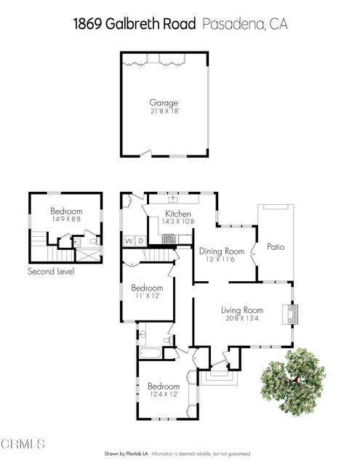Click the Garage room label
point(164,103)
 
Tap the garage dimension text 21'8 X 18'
point(164,111)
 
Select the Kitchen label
point(177,214)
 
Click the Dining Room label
point(221,251)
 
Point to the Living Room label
point(242,310)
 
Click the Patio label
point(276,247)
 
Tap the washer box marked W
point(129,240)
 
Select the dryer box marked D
point(141,240)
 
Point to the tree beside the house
point(293,382)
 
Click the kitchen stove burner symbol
point(169,239)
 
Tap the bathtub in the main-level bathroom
point(151,353)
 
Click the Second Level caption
point(51,271)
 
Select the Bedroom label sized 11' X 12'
point(147,288)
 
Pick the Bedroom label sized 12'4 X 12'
point(164,387)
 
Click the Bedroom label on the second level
point(66,211)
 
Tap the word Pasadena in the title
point(233,24)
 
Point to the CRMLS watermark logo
point(23,444)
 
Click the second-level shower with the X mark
point(88,255)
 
